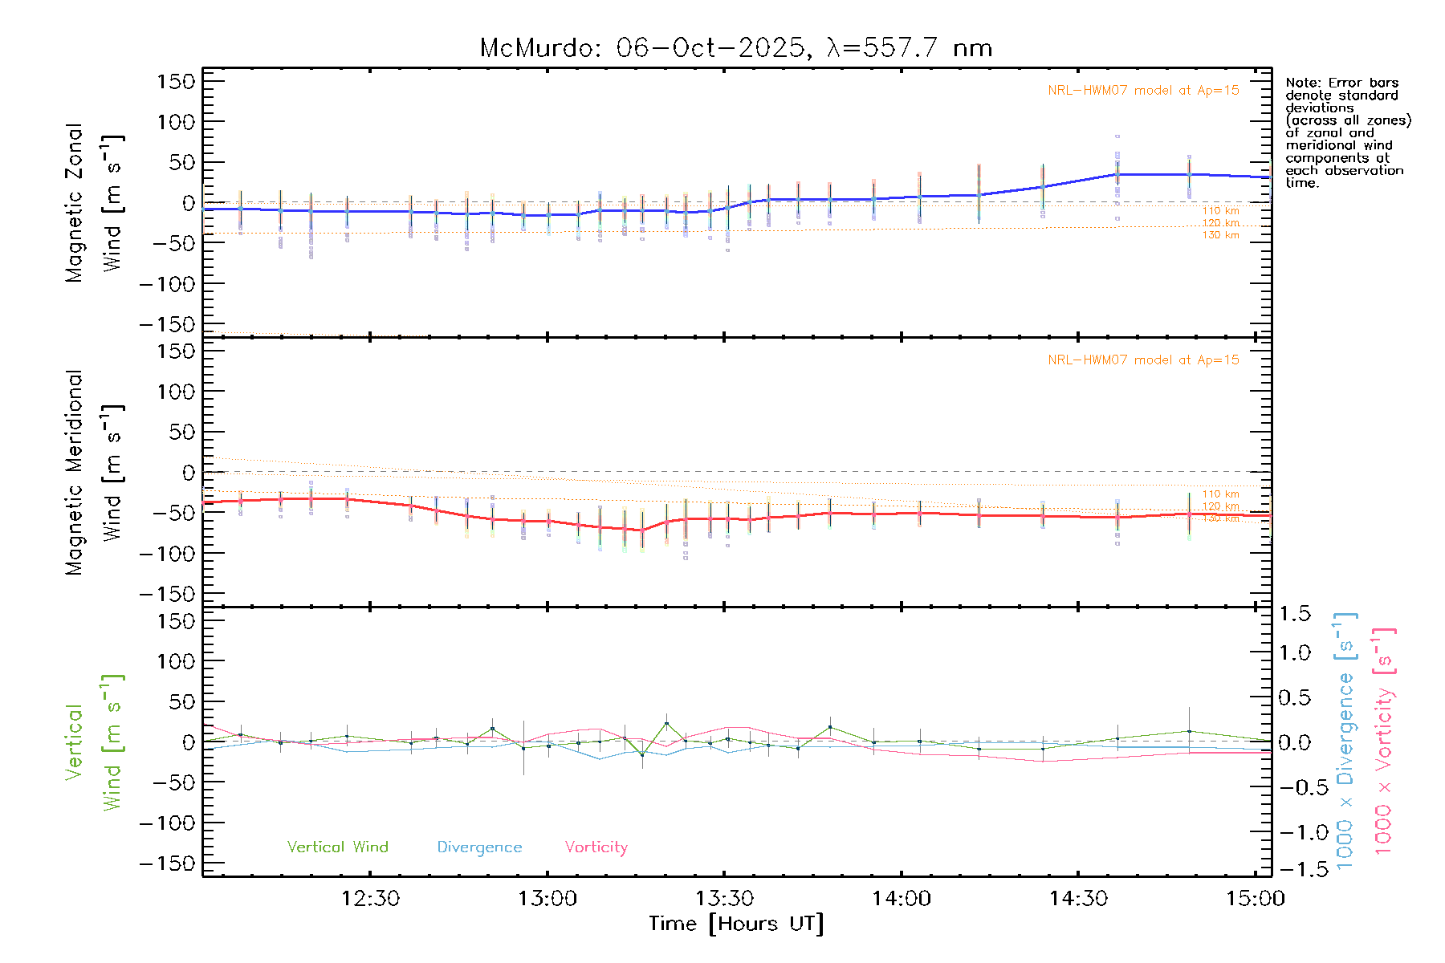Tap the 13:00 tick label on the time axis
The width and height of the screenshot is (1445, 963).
click(x=547, y=899)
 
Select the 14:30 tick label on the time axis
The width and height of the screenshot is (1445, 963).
click(x=1078, y=899)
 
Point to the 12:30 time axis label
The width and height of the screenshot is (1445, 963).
click(x=370, y=899)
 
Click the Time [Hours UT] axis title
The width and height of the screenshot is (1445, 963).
click(x=736, y=924)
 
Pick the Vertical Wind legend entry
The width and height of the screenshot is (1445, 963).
click(x=337, y=847)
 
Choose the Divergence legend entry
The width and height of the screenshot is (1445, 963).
click(x=479, y=847)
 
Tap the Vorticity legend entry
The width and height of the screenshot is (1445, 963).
click(x=596, y=847)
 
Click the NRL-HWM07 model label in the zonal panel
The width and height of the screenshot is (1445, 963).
click(x=1143, y=91)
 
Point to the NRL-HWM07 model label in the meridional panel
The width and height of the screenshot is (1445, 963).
click(x=1143, y=360)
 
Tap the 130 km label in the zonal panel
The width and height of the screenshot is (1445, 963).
click(x=1220, y=235)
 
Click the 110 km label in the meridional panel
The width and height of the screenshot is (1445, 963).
click(x=1220, y=494)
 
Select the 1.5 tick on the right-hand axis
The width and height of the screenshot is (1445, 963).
click(x=1294, y=614)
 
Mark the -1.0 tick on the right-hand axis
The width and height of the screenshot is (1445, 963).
click(x=1294, y=832)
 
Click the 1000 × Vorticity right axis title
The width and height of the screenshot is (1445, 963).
click(x=1384, y=741)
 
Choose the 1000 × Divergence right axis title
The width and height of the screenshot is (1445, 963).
click(x=1345, y=741)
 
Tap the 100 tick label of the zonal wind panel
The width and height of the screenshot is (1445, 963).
click(x=176, y=122)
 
